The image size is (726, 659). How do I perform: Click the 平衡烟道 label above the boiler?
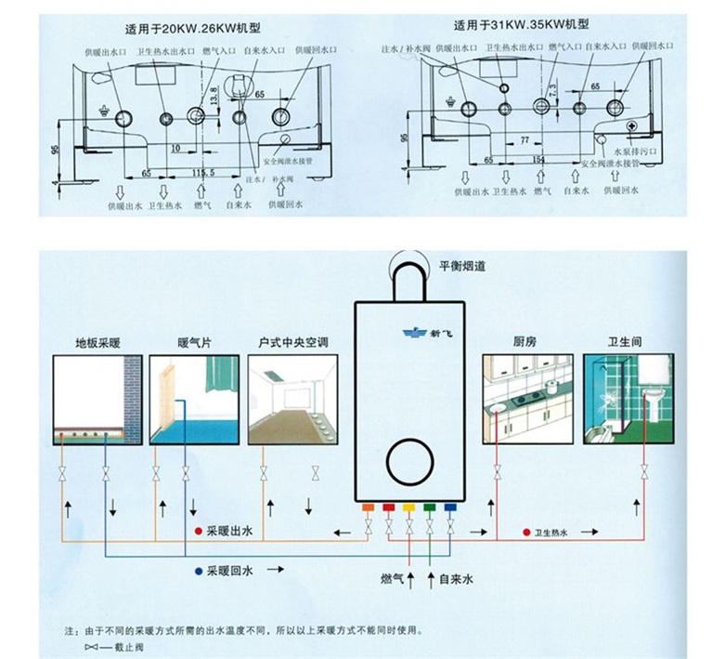[462, 266]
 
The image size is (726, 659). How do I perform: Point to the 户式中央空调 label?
[293, 342]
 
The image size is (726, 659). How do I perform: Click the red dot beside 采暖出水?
[198, 531]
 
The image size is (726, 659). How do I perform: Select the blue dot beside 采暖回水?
[198, 571]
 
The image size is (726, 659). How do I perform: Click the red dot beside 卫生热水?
[525, 533]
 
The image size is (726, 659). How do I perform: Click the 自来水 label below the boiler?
[456, 579]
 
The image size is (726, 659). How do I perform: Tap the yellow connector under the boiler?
[409, 507]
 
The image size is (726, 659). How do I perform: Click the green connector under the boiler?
[430, 507]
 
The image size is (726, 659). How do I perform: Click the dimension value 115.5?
[203, 174]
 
